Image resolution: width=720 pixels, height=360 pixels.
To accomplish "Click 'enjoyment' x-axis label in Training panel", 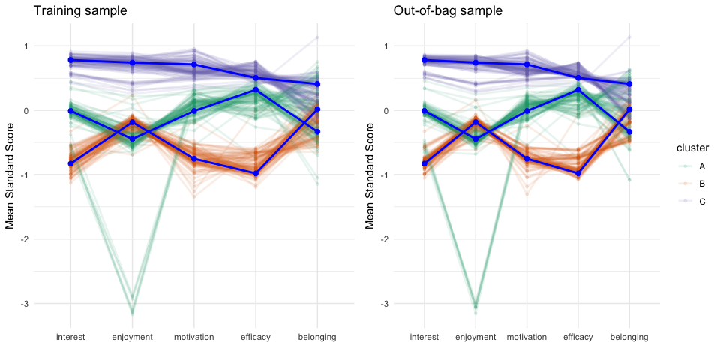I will click(133, 337).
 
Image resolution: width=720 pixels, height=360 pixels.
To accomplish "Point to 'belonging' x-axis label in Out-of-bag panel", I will click(629, 337).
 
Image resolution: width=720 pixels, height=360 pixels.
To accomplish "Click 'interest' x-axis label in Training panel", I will click(70, 337).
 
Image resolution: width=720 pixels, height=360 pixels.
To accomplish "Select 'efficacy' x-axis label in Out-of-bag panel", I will click(578, 337).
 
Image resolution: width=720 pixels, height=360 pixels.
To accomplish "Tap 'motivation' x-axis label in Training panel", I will click(194, 337).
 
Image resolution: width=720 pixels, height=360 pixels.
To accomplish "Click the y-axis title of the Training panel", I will click(10, 175).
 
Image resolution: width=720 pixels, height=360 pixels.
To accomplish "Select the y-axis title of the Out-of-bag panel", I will click(370, 175).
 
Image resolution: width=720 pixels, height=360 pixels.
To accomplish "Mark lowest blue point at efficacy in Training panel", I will click(256, 173).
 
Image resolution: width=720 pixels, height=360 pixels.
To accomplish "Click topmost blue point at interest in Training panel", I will click(70, 60).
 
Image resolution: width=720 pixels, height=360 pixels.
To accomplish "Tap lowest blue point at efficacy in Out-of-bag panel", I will click(578, 173).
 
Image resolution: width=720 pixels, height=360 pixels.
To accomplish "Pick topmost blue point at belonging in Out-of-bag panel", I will click(629, 83).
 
